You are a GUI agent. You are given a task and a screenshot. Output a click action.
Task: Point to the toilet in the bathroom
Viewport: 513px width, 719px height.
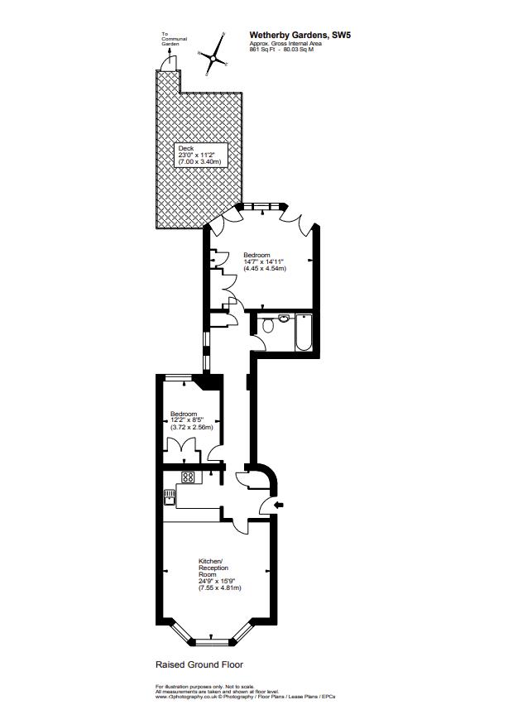(x=266, y=327)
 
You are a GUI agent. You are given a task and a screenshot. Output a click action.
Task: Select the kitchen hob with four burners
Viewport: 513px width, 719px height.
(x=188, y=477)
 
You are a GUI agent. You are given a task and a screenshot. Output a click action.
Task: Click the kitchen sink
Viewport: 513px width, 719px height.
(x=170, y=496)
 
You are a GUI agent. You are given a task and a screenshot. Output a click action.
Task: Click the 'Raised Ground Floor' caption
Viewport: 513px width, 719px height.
(x=199, y=664)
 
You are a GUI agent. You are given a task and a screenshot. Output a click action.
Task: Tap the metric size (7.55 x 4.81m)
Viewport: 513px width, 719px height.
(x=218, y=587)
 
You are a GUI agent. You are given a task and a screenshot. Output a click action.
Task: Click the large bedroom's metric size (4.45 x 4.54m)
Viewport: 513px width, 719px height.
(x=265, y=269)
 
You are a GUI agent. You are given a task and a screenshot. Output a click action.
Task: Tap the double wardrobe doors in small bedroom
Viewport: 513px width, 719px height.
(x=182, y=448)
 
